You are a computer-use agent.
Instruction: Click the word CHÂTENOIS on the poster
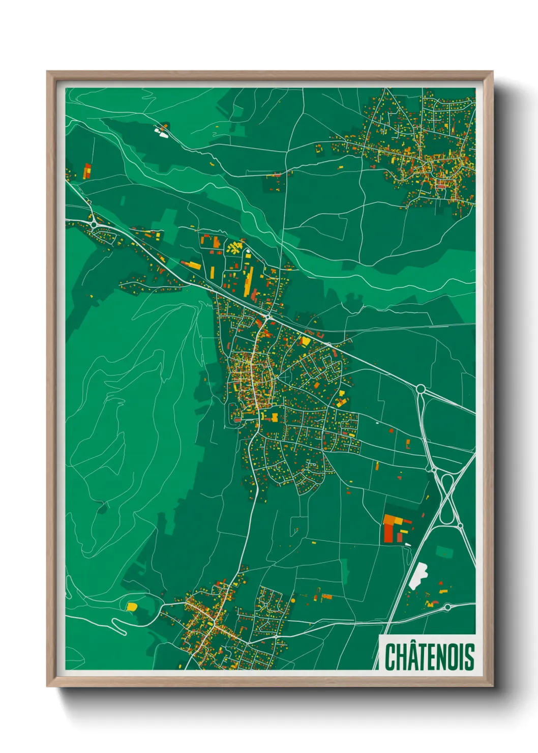click(429, 656)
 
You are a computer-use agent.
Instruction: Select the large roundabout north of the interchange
click(421, 389)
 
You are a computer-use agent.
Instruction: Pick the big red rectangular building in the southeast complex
click(389, 532)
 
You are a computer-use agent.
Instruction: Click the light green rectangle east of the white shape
click(444, 552)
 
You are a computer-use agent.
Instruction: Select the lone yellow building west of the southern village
click(132, 606)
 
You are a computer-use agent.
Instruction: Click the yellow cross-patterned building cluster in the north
click(234, 248)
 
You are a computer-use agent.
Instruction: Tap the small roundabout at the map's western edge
click(94, 223)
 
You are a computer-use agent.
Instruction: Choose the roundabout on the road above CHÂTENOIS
click(447, 607)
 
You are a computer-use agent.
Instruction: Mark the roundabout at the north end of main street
click(266, 317)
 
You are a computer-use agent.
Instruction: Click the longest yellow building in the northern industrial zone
click(249, 280)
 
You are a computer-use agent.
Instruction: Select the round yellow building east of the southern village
click(292, 601)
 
